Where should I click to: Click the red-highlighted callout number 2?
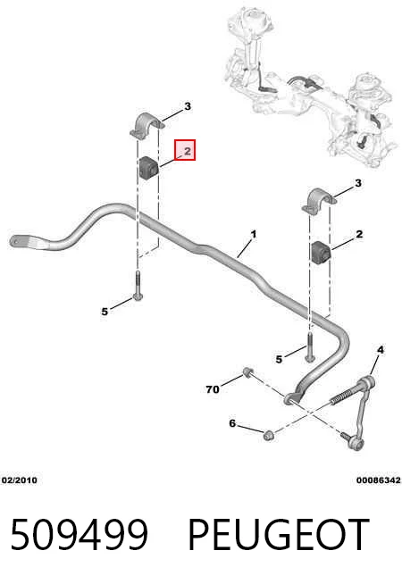coord(187,151)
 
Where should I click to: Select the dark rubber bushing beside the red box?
coord(149,169)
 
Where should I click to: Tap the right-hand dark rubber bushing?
coord(321,254)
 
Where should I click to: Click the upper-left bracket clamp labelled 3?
coord(147,126)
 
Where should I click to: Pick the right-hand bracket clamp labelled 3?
coord(319,202)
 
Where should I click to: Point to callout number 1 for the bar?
coord(254,235)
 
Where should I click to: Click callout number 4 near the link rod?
coord(380,350)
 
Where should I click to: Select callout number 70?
coord(213,389)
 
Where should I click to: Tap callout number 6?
coord(232,423)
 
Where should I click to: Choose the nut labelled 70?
coord(247,372)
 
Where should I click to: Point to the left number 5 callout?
coord(105,312)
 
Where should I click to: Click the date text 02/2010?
coord(20,480)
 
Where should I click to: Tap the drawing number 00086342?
coord(379,480)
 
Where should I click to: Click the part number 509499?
coord(79,535)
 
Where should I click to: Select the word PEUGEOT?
coord(279,535)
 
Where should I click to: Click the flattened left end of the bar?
coord(24,242)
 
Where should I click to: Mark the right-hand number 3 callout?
coord(358,183)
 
